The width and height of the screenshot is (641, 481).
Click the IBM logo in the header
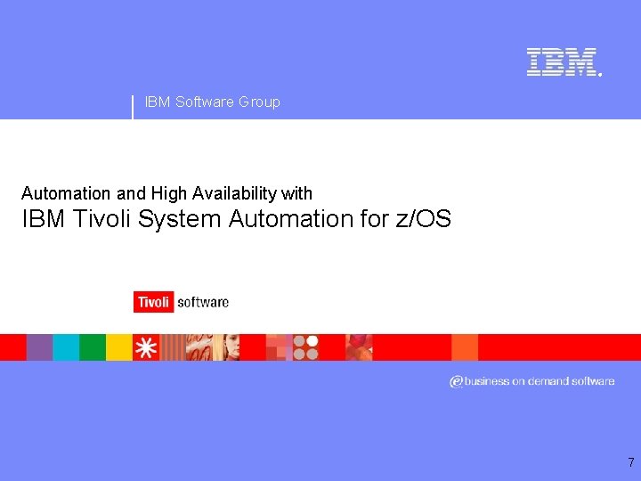tap(562, 62)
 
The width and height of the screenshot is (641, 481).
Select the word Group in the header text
tap(259, 102)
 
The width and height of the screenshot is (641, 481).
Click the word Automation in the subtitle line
tap(67, 193)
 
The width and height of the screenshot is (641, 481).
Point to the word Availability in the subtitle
tap(233, 193)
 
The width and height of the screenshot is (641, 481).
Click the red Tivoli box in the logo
tap(153, 302)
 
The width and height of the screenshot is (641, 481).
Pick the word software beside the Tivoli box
tap(203, 302)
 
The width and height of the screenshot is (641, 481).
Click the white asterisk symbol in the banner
tap(145, 347)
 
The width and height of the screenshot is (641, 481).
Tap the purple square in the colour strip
tap(39, 347)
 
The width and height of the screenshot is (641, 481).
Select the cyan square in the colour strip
tap(66, 347)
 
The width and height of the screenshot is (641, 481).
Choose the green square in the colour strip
tap(93, 347)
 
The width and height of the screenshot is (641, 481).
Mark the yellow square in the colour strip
tap(118, 347)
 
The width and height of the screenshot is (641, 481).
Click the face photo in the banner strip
tap(227, 347)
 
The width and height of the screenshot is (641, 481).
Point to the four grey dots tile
tap(305, 347)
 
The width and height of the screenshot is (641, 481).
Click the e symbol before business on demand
tap(456, 381)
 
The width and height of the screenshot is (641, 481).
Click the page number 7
tap(630, 462)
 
